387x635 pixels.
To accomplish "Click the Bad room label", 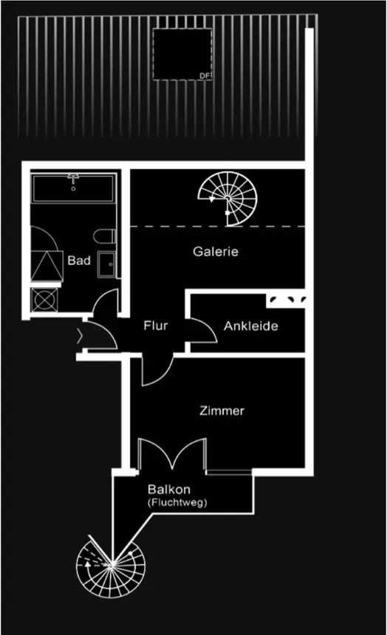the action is pos(79,261).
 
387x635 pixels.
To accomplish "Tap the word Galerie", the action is pos(216,252).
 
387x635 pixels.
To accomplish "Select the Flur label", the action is pos(156,325).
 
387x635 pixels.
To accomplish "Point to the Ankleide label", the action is pos(251,326).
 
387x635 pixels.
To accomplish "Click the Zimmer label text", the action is pos(222,411).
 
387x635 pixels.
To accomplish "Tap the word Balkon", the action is pos(169,490).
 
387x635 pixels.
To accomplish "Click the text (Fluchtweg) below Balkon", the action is pos(177,503).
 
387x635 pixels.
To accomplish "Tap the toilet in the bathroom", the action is pos(105,236).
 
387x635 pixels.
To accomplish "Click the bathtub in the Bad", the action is pos(73,188).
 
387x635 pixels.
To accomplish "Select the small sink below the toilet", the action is pos(106,264).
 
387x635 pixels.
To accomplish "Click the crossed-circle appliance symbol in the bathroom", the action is pos(44,300).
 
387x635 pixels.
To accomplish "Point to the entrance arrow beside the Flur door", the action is pos(80,336).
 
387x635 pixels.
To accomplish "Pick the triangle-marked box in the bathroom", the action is pos(47,265).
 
